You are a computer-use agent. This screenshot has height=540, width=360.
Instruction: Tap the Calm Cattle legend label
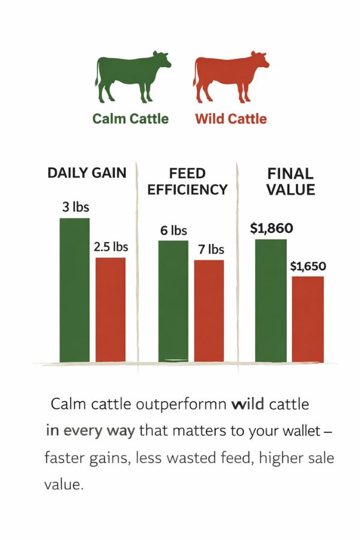(130, 118)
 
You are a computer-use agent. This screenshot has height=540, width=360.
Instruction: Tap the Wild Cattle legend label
(230, 118)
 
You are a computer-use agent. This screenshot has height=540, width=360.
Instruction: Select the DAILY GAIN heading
(87, 173)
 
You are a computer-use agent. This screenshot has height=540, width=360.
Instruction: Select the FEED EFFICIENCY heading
(187, 182)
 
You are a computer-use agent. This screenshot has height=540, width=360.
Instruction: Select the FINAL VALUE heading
(290, 182)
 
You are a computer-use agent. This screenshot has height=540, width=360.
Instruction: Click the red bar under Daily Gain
(110, 310)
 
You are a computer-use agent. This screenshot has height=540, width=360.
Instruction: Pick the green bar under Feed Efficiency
(173, 301)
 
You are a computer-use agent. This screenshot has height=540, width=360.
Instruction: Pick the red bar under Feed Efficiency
(209, 311)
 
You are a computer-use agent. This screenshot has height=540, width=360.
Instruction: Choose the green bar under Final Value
(271, 301)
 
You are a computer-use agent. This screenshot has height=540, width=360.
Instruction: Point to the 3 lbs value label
(74, 208)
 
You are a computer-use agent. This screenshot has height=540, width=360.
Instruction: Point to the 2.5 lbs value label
(111, 247)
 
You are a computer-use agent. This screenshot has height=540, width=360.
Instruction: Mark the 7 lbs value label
(209, 250)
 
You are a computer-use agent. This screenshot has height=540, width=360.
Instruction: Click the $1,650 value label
(308, 266)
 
